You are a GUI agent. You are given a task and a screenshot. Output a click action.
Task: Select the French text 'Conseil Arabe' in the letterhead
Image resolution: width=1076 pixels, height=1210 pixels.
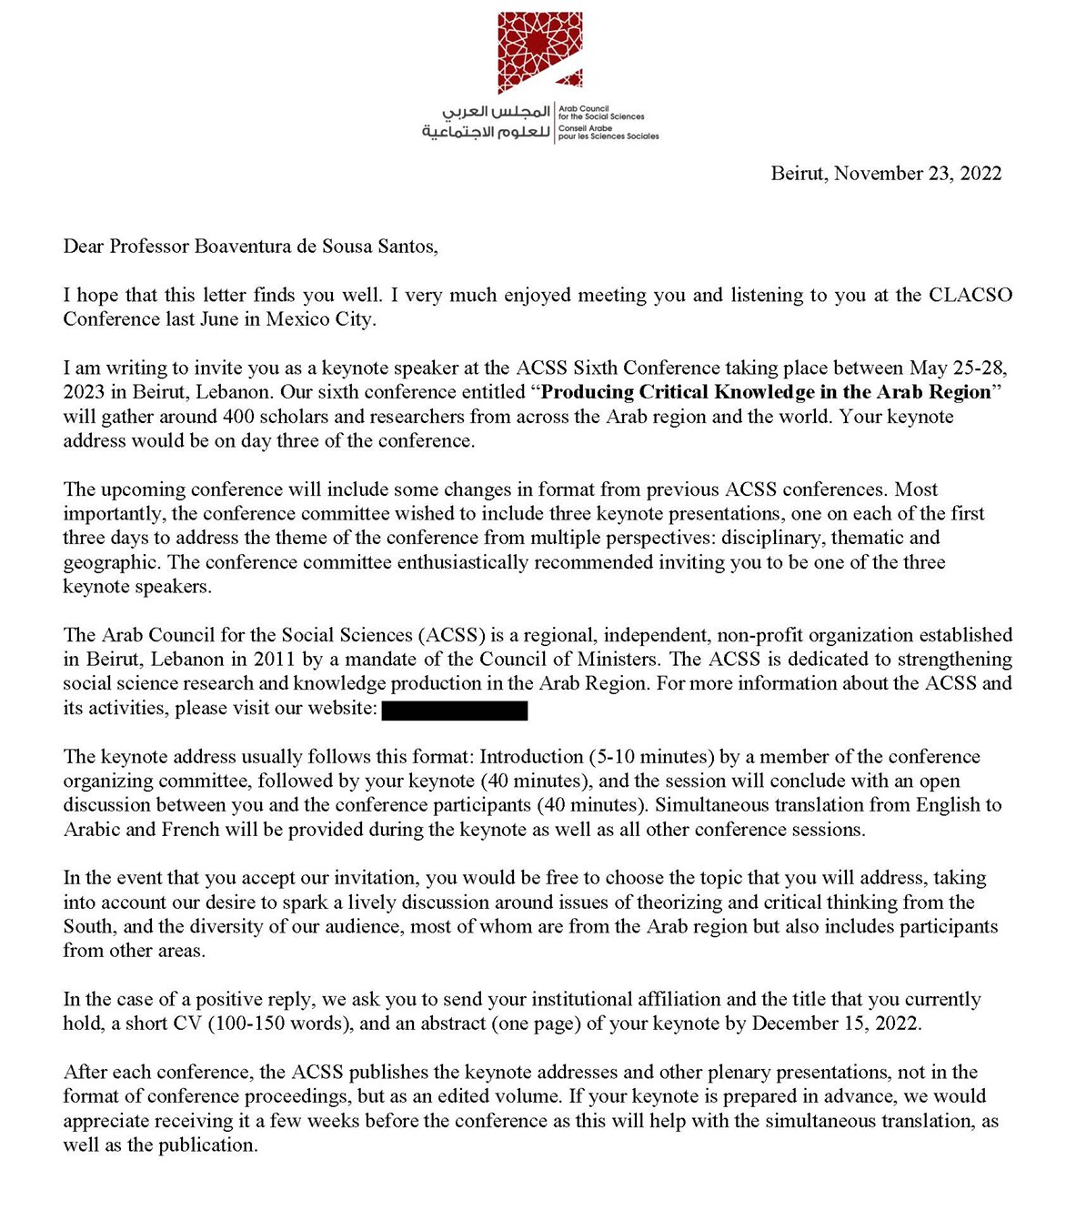pos(585,128)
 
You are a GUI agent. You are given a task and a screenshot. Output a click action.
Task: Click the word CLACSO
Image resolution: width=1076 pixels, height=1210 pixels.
pos(970,295)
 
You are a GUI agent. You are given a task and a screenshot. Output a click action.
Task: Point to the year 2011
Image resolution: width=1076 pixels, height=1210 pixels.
pos(274,660)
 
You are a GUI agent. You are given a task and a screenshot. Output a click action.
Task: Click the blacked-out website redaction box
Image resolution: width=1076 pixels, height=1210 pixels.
pos(455,710)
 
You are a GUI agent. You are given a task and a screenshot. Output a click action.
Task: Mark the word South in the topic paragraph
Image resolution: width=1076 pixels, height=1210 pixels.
pos(87,927)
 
